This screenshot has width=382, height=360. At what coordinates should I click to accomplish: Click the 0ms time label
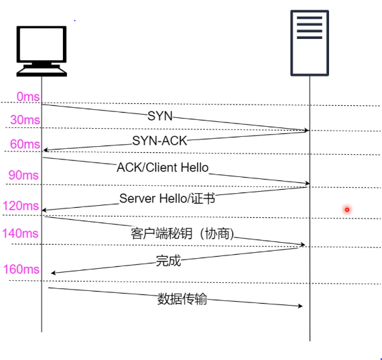point(28,97)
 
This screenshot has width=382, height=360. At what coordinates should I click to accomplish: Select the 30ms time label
point(25,120)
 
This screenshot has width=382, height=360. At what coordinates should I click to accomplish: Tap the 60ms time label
point(25,144)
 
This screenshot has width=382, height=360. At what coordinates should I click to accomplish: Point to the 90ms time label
point(23,175)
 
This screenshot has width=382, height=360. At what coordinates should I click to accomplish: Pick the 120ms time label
point(21,206)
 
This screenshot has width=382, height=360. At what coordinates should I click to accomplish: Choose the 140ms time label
point(20,233)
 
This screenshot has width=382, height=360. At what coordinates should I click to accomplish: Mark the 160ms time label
point(21,269)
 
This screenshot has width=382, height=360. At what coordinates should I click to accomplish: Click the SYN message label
point(160,116)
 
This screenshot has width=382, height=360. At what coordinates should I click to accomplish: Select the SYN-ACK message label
point(160,141)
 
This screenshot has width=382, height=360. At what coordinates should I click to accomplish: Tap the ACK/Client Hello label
point(163,168)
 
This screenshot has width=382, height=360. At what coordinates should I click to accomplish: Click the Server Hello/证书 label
point(167,198)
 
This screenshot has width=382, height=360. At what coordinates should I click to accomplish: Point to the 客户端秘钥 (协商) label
point(182,234)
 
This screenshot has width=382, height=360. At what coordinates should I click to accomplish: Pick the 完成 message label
point(168,261)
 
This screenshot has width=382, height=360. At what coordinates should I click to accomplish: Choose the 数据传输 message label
point(182,299)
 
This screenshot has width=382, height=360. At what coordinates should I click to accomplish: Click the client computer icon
point(42,51)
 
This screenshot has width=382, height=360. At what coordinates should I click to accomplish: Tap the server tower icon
point(310,43)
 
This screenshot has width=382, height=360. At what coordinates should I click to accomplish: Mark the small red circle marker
point(347,210)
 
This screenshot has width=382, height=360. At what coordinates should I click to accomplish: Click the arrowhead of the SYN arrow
point(306,131)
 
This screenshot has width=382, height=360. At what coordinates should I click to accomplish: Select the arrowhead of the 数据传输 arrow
point(300,306)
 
